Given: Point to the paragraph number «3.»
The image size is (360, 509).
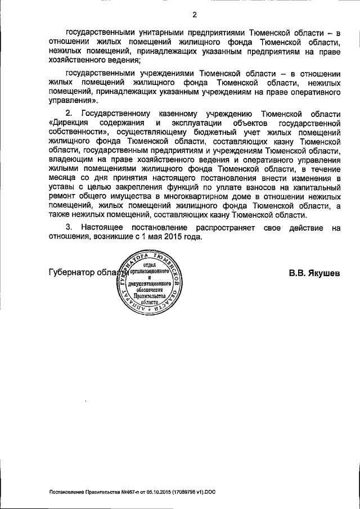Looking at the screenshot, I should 70,228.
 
